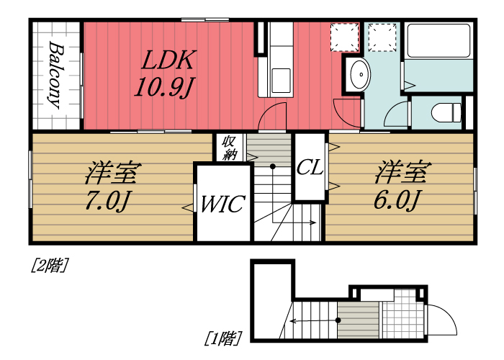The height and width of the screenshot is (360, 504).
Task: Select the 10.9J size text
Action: click(165, 87)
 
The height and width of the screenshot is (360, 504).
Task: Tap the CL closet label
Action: click(309, 168)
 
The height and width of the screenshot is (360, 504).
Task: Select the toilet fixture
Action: click(446, 112)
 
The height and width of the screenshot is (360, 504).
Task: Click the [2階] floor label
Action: click(49, 266)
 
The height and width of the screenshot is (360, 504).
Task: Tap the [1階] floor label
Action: click(222, 337)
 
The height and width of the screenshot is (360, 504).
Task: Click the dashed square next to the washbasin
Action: click(344, 37)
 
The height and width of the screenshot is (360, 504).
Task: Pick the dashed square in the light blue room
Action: click(382, 37)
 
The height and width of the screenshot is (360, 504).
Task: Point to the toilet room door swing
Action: click(395, 117)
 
